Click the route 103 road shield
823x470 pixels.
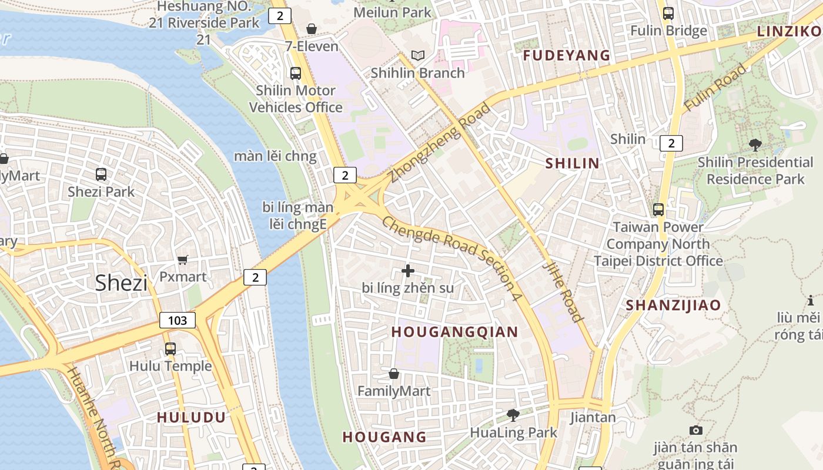(x=178, y=320)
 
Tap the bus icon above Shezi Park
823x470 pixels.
(x=101, y=174)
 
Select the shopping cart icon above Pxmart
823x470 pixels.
(x=183, y=260)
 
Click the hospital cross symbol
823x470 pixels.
(x=408, y=271)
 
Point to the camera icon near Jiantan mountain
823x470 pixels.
(x=695, y=431)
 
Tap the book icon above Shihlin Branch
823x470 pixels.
(x=418, y=56)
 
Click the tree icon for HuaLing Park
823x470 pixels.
(x=513, y=415)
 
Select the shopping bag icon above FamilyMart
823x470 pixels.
(x=394, y=374)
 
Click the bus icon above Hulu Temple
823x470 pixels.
(x=170, y=349)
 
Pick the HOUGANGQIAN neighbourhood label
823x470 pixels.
(x=454, y=332)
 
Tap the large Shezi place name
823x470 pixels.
(x=121, y=283)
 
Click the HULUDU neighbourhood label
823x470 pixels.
(x=191, y=418)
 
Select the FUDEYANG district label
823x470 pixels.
(x=567, y=56)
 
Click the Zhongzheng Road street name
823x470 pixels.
(x=440, y=143)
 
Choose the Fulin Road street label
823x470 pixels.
(x=715, y=88)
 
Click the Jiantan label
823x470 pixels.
(x=593, y=418)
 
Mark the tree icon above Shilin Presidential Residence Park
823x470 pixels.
(x=755, y=145)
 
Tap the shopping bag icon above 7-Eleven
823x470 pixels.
(x=312, y=29)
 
